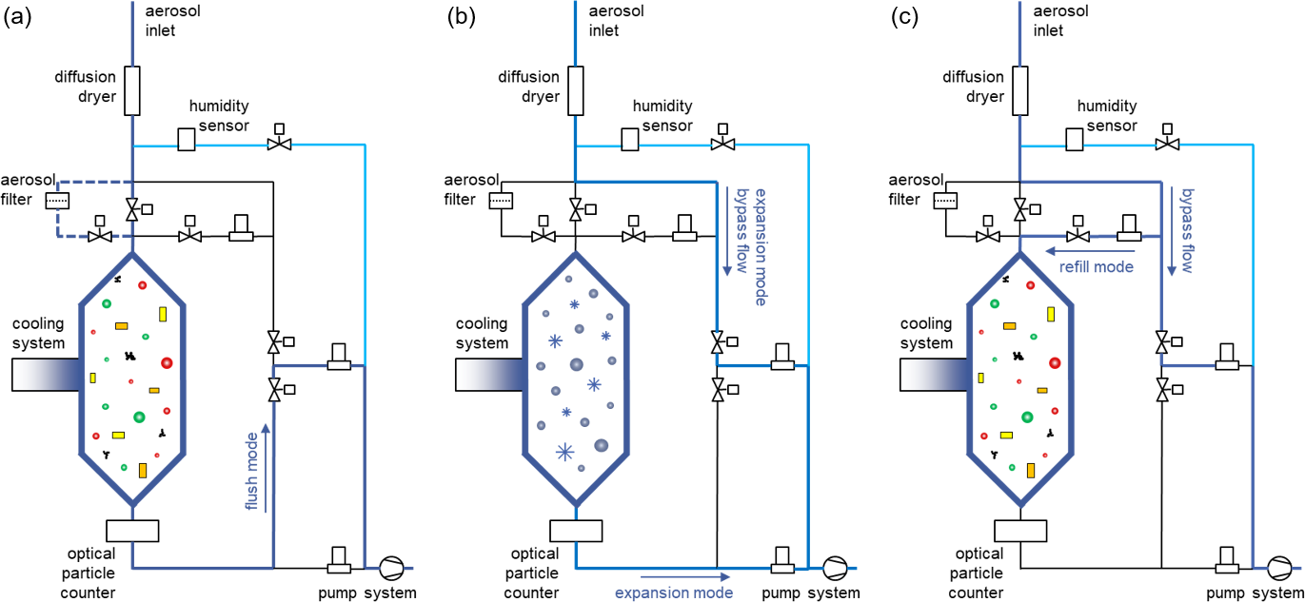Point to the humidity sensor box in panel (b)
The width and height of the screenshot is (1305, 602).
click(x=629, y=140)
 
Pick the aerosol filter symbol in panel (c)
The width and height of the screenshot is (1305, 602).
click(x=944, y=201)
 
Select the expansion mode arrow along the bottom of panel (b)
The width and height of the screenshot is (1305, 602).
click(x=684, y=576)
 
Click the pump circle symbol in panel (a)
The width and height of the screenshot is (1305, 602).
click(x=391, y=569)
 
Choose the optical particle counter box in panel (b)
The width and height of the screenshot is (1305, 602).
click(x=576, y=531)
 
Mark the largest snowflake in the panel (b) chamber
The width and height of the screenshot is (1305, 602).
click(x=566, y=453)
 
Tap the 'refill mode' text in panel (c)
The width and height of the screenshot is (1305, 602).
click(x=1097, y=267)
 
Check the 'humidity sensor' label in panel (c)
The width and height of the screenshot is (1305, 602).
click(x=1107, y=116)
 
